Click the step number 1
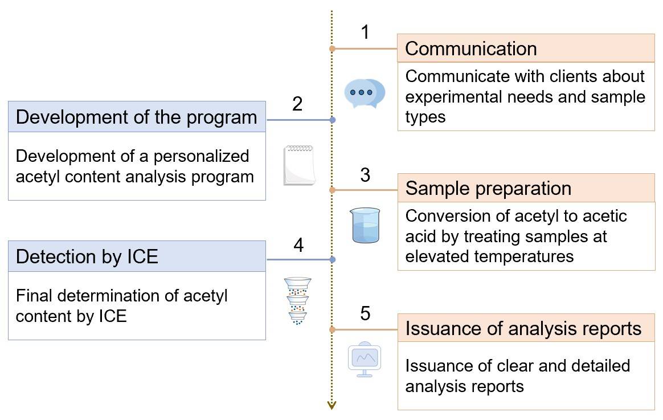(x=365, y=32)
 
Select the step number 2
(x=297, y=104)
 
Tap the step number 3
(x=365, y=174)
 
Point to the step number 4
(x=298, y=245)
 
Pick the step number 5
(x=365, y=313)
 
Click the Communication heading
(x=470, y=48)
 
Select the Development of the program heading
(x=137, y=117)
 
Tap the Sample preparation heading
(x=488, y=188)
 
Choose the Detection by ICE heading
(x=87, y=257)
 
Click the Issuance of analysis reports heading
(x=523, y=329)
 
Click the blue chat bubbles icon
(x=365, y=93)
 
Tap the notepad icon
(x=300, y=165)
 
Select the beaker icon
(x=365, y=226)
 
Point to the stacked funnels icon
(x=298, y=301)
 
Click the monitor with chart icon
(x=365, y=360)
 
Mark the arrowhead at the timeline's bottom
(x=332, y=405)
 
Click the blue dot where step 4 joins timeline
(x=333, y=259)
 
